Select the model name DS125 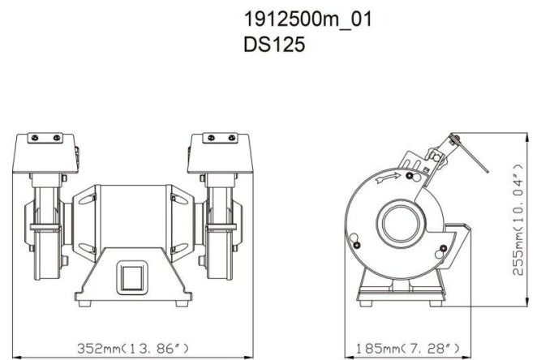coord(275,45)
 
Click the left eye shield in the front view coord(45,154)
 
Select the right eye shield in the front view coord(218,154)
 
